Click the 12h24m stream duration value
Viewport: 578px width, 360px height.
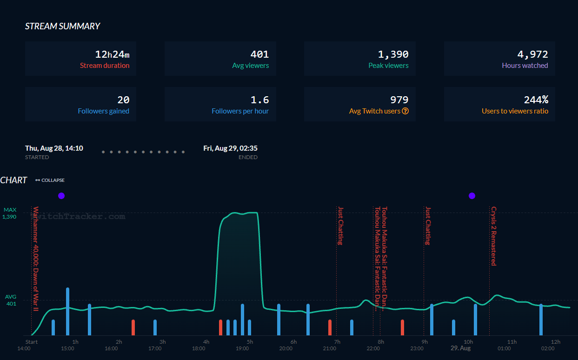(x=112, y=54)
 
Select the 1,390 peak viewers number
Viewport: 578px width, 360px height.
(x=393, y=54)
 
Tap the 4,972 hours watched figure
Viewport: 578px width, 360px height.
(x=532, y=54)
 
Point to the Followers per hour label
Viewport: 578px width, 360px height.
(x=240, y=111)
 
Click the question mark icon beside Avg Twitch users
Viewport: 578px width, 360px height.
(x=405, y=111)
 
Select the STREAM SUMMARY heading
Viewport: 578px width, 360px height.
(x=62, y=27)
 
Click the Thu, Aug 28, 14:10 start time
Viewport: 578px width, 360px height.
(x=54, y=148)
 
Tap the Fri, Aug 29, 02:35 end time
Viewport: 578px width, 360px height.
(x=230, y=148)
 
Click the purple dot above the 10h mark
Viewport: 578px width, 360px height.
(x=472, y=196)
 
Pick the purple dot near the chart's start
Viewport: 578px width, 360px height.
(x=61, y=196)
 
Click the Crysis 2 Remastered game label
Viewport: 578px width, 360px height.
(x=493, y=236)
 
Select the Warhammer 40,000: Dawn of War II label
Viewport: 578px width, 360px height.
(x=36, y=259)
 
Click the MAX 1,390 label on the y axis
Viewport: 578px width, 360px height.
(x=10, y=213)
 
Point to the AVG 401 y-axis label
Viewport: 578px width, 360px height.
(x=10, y=300)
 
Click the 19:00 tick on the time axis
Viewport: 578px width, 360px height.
(x=242, y=348)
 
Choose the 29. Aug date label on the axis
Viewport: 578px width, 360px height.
(x=460, y=348)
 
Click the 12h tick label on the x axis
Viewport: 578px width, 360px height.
(x=555, y=342)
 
